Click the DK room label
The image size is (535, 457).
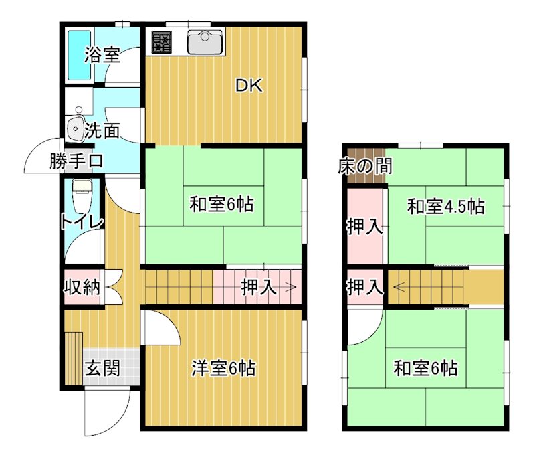coord(249,86)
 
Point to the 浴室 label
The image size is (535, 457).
coord(102,55)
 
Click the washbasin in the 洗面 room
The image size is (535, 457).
coord(75,127)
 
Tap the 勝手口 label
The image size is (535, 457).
coord(76,161)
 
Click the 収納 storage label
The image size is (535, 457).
coord(82,288)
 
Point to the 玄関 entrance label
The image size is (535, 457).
coord(103,367)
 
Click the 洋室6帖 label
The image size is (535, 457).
coord(223,367)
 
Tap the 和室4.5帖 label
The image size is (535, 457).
coord(446,207)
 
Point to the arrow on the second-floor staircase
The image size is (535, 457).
coord(399,288)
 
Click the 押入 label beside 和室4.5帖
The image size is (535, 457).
coord(364,227)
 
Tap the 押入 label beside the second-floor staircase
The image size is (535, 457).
coord(364,288)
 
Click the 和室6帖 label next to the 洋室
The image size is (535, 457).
coord(426,367)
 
